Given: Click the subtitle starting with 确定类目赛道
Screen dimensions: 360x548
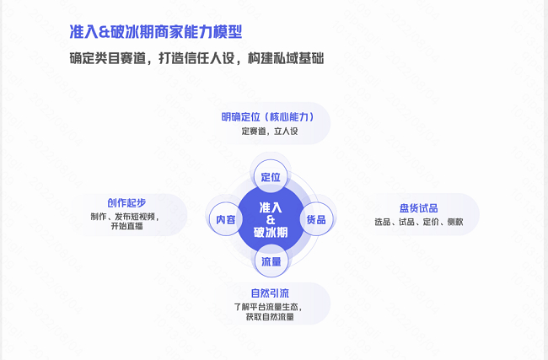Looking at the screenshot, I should [x=196, y=59].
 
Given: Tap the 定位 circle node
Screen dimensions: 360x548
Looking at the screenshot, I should [x=271, y=177].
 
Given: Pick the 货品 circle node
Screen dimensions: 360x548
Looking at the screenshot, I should [x=316, y=219].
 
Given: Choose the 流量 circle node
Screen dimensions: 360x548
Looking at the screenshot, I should [x=271, y=261].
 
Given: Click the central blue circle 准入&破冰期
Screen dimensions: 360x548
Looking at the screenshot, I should [x=271, y=219].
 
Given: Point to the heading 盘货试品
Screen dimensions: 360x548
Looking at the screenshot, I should [x=418, y=207].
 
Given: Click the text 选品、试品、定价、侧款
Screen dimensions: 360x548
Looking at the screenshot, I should [x=418, y=222].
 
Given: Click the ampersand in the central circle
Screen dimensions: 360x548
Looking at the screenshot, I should [x=271, y=219].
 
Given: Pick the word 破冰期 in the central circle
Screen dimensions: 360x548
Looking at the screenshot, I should [x=271, y=232].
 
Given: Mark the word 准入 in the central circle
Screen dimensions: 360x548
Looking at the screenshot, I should [x=271, y=207].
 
